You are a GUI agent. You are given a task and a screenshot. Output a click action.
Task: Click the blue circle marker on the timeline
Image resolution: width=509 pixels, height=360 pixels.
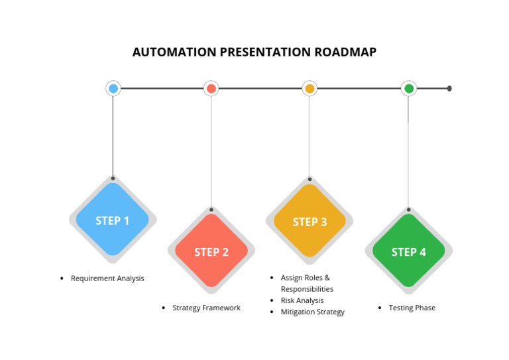point(113,88)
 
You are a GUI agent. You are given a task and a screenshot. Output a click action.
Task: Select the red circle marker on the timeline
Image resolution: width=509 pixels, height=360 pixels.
point(211,88)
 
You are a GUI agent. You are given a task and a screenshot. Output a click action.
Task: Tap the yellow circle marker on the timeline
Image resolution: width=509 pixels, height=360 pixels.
point(310,88)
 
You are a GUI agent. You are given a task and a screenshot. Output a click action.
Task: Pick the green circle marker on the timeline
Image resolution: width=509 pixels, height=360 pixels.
point(409,88)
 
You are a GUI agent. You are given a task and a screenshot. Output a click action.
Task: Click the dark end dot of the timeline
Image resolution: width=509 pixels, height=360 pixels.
point(449,88)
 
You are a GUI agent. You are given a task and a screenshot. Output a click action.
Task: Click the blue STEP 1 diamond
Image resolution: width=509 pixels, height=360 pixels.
point(113,220)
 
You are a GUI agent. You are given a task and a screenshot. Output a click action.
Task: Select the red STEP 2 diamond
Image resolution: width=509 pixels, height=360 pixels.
point(211,251)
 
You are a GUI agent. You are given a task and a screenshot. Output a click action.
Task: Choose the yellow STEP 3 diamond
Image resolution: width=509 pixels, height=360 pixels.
point(310,221)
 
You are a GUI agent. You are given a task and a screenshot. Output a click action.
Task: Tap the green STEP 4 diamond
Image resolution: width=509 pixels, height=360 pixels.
point(409,251)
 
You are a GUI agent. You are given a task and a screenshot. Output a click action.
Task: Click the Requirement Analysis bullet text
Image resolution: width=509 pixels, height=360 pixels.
point(107,278)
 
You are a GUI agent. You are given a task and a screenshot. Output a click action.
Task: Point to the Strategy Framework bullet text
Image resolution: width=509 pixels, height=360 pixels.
point(206,308)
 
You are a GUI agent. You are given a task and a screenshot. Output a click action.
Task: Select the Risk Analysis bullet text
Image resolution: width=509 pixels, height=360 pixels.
point(302,300)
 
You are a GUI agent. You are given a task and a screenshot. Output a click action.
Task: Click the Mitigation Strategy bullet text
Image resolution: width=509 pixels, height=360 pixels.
point(312,312)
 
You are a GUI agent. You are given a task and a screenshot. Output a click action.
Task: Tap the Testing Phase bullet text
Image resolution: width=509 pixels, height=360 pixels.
point(412,308)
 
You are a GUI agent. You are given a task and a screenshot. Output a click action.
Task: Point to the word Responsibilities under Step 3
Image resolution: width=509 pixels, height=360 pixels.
point(307,289)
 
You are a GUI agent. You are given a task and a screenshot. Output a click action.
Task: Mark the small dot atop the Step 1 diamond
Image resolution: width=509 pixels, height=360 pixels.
point(113,178)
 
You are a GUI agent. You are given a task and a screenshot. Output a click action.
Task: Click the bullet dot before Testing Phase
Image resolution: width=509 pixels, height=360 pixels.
point(380,308)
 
